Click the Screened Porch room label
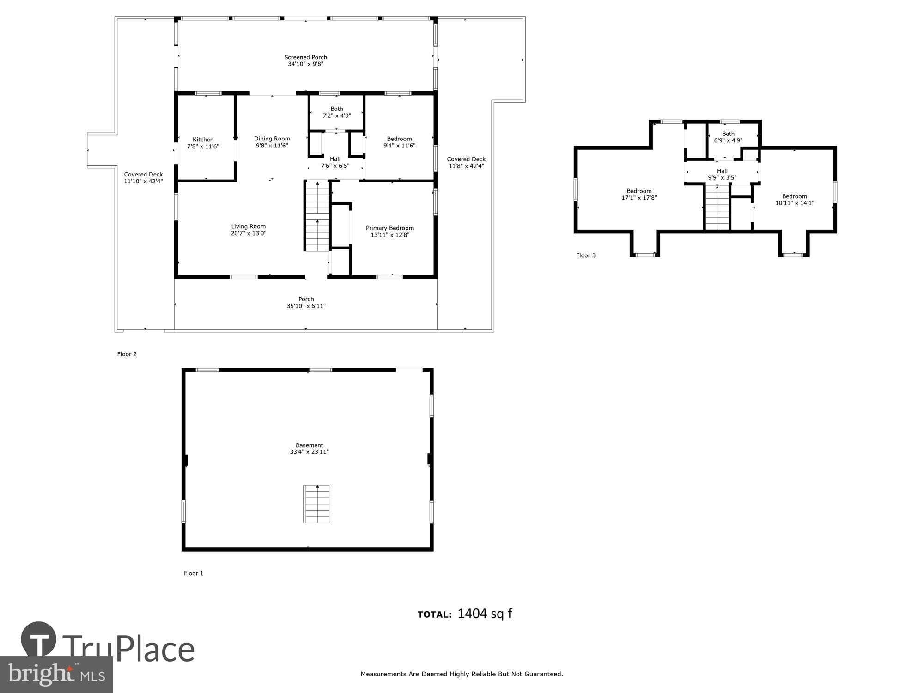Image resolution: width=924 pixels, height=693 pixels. point(305,58)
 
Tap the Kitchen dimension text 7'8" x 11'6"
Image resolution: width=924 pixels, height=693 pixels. point(203,146)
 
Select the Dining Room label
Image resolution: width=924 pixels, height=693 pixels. point(272,139)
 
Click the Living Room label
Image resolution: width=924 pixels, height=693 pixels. point(248,226)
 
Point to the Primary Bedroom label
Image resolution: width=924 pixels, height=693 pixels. point(389,228)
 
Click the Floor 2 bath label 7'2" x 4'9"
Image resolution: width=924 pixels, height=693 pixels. point(336,116)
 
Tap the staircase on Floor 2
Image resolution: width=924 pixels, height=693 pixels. point(317,216)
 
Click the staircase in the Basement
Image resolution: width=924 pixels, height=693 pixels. point(316,504)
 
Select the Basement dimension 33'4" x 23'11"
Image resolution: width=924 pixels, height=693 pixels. point(309,452)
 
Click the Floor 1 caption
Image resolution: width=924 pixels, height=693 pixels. point(193,573)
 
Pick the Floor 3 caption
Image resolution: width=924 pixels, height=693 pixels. point(585,255)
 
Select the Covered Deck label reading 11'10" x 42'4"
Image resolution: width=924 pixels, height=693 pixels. point(143,182)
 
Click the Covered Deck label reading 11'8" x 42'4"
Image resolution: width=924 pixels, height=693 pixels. point(466,166)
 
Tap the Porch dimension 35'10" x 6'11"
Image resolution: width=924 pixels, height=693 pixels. point(306,306)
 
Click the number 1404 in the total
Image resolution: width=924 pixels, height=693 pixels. point(472,614)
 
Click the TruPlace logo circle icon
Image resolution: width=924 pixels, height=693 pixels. point(39,640)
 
